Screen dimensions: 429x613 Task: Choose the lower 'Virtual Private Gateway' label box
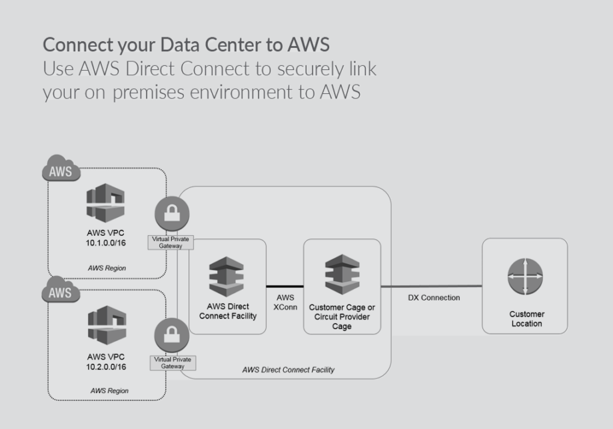tap(173, 362)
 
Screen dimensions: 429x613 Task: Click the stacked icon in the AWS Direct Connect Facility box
tap(227, 276)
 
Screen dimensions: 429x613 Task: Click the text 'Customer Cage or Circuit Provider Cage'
tap(341, 316)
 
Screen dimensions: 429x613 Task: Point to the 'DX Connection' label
tap(434, 298)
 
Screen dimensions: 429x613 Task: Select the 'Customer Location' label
tap(526, 318)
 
